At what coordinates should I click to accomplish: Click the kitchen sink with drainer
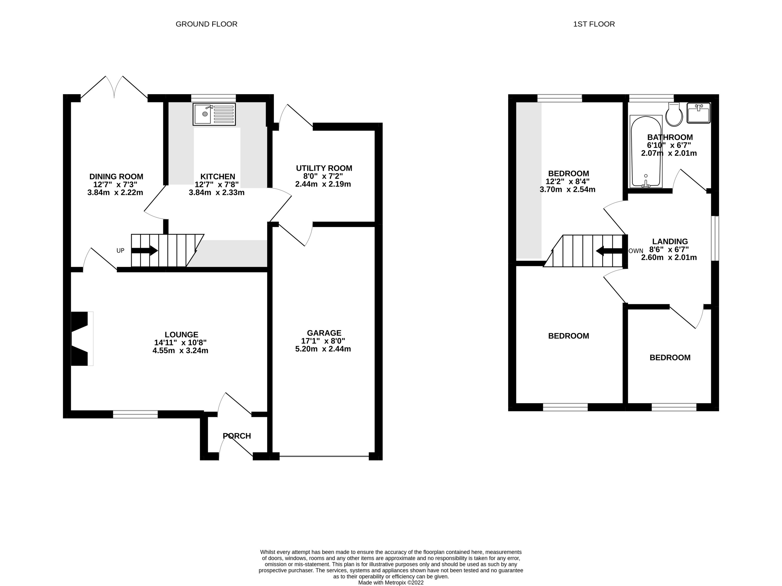point(214,114)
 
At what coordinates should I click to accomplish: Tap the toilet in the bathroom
point(674,115)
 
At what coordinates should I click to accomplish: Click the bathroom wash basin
point(698,113)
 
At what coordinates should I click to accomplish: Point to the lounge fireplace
point(81,339)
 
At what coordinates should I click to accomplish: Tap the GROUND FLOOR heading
point(206,24)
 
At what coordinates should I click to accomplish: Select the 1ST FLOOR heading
point(594,24)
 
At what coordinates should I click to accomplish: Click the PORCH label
point(237,436)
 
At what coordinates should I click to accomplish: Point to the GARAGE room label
point(324,333)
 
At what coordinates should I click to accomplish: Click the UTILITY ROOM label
point(324,168)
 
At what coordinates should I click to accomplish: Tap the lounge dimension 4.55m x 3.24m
point(180,351)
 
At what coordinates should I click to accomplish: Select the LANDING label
point(670,241)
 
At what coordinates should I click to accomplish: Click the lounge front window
point(135,414)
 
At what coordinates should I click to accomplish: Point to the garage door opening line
point(324,456)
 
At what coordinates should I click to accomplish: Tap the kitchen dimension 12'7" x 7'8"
point(216,184)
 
